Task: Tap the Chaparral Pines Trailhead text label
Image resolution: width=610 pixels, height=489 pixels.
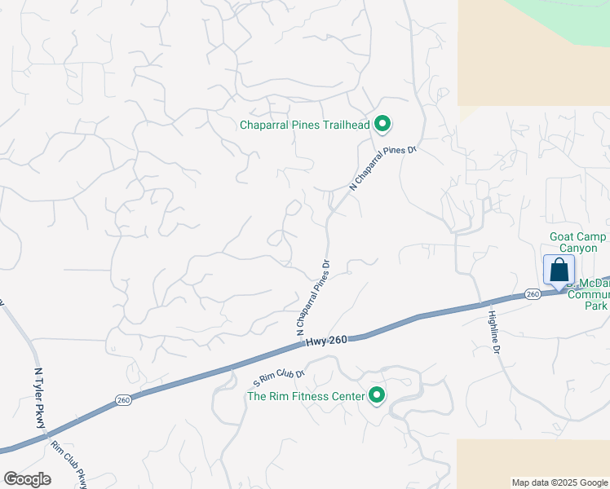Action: [x=304, y=125]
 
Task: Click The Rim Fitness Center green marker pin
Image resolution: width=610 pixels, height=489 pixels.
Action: [x=377, y=396]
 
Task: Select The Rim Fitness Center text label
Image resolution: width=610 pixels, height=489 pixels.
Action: [x=306, y=397]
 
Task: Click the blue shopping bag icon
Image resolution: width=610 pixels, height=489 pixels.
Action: [x=559, y=270]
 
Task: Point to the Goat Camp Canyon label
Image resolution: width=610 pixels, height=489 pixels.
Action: [x=577, y=242]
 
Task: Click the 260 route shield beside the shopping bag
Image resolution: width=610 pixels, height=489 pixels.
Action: [x=533, y=293]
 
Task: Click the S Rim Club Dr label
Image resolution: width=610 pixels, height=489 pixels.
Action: [x=278, y=377]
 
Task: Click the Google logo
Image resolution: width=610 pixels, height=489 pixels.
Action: [x=27, y=479]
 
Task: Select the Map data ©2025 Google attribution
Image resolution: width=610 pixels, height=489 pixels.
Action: [x=559, y=482]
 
